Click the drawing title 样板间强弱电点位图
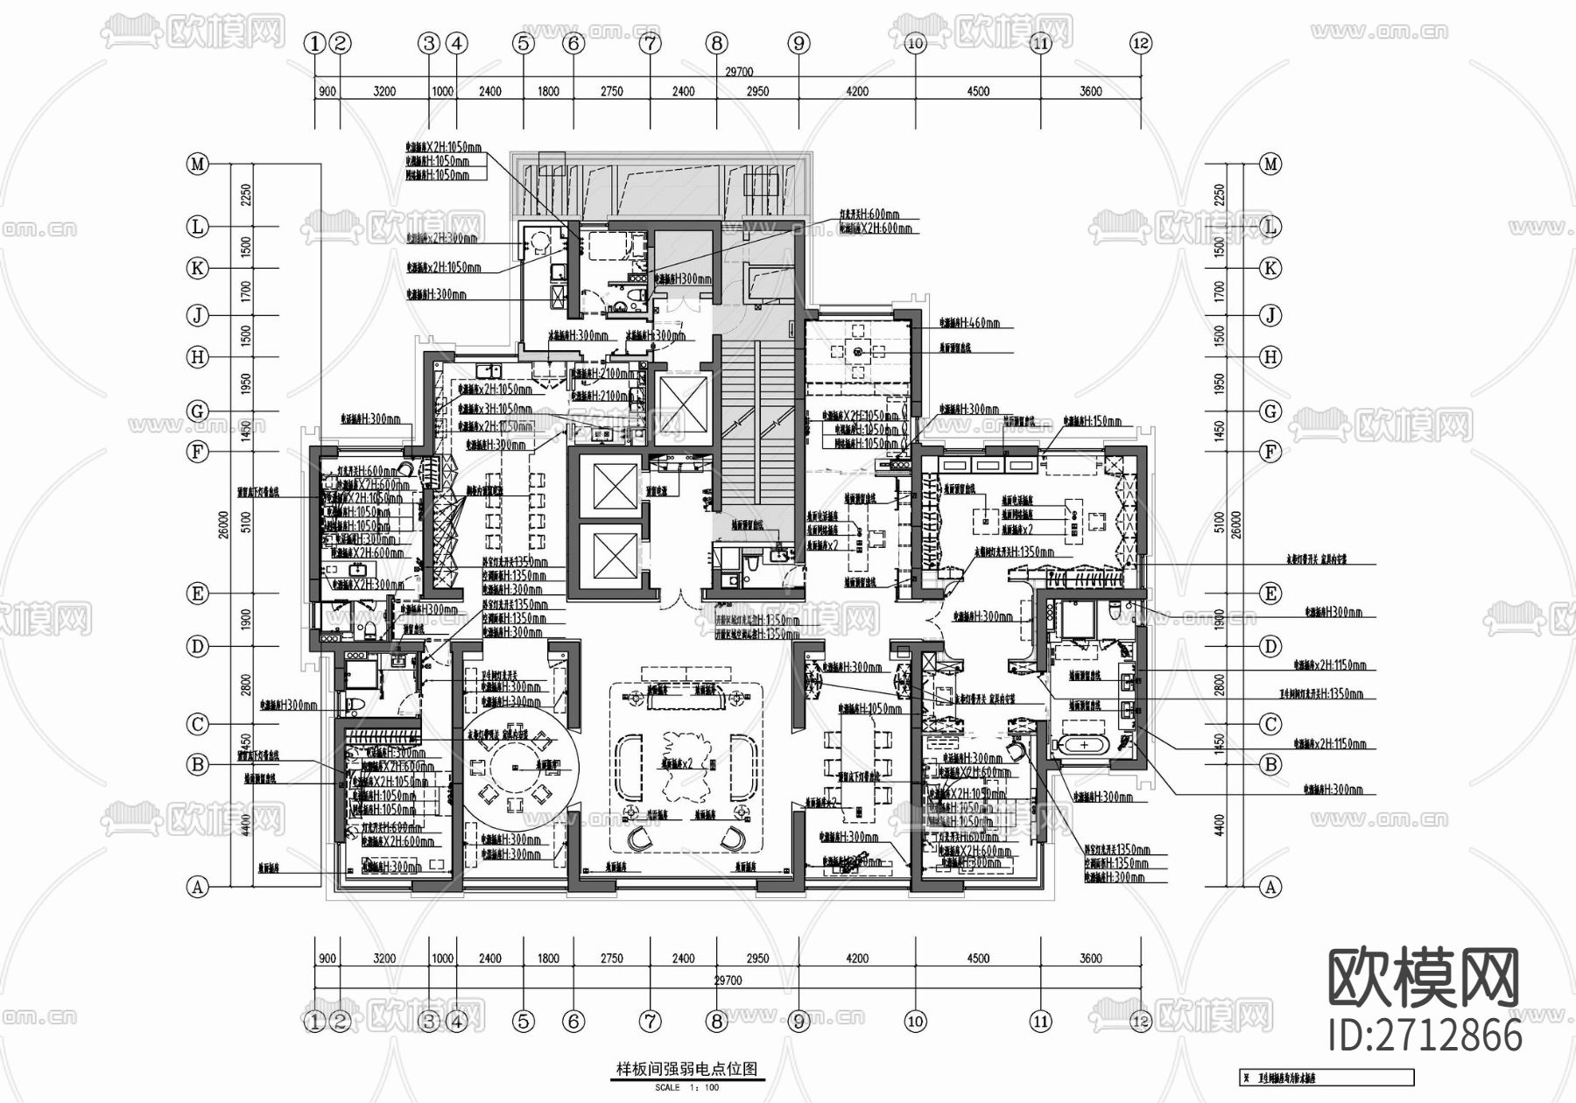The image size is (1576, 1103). point(687,1069)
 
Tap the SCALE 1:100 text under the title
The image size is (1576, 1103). point(687,1087)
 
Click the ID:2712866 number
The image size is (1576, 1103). point(1425,1036)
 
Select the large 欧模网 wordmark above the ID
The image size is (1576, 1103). point(1424,979)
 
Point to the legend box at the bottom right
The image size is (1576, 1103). point(1326,1078)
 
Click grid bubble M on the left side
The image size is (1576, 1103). point(198,164)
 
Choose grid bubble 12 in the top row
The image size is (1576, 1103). point(1140,43)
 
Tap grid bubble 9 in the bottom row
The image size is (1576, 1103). point(799,1021)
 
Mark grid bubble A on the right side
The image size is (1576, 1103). point(1270,887)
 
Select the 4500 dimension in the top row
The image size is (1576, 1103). point(978,91)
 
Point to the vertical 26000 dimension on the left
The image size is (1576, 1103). point(224,525)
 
